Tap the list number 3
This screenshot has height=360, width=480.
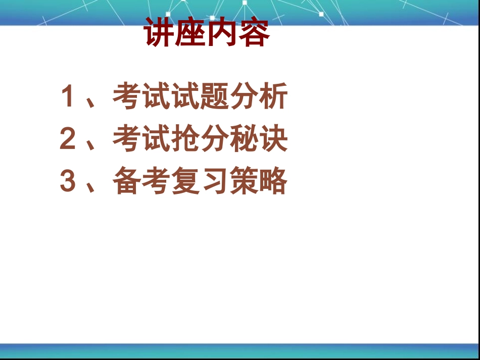(x=68, y=182)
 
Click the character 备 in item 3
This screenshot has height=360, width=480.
(x=127, y=182)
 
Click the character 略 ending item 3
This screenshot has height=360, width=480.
(x=273, y=182)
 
